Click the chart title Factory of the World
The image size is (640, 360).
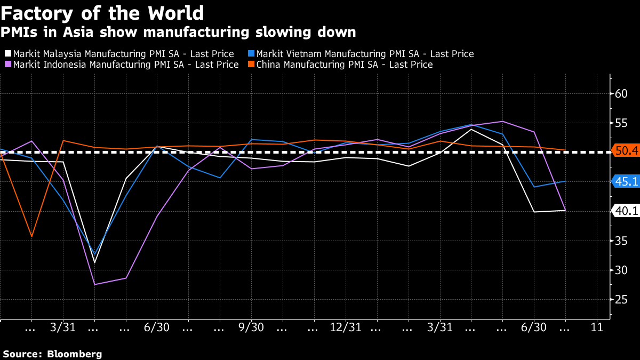click(102, 12)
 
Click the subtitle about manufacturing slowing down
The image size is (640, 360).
click(178, 32)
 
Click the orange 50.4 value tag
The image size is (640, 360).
click(626, 151)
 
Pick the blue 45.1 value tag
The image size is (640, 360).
click(626, 182)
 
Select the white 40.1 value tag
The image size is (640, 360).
click(626, 211)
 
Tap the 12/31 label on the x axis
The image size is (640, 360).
click(346, 327)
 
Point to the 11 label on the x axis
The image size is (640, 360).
click(597, 327)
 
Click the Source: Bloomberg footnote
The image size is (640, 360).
click(52, 354)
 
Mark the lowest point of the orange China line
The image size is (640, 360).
click(32, 236)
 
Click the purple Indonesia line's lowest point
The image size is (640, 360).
click(94, 284)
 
